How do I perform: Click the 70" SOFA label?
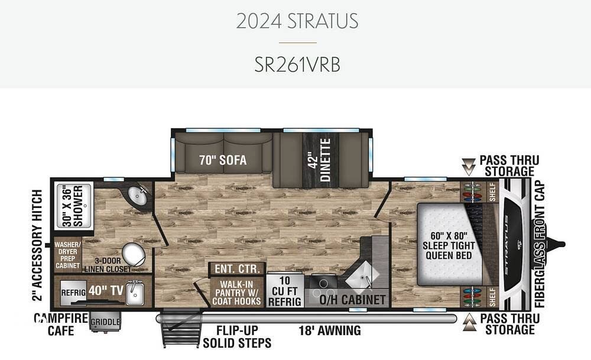pyautogui.click(x=223, y=160)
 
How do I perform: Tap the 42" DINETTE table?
pyautogui.click(x=320, y=160)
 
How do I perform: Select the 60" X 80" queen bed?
pyautogui.click(x=450, y=245)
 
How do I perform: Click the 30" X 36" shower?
pyautogui.click(x=74, y=206)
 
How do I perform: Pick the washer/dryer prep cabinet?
pyautogui.click(x=68, y=255)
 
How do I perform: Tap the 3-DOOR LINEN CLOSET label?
pyautogui.click(x=108, y=265)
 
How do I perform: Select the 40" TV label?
pyautogui.click(x=106, y=291)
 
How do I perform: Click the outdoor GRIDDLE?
pyautogui.click(x=105, y=322)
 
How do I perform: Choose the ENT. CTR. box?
pyautogui.click(x=238, y=269)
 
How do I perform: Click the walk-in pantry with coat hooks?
pyautogui.click(x=237, y=293)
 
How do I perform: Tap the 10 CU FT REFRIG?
pyautogui.click(x=285, y=291)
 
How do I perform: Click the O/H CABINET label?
pyautogui.click(x=352, y=300)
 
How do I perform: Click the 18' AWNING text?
pyautogui.click(x=330, y=330)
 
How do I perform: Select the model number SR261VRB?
pyautogui.click(x=297, y=64)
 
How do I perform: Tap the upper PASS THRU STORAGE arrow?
pyautogui.click(x=469, y=167)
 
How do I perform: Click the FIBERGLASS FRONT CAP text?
pyautogui.click(x=540, y=244)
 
